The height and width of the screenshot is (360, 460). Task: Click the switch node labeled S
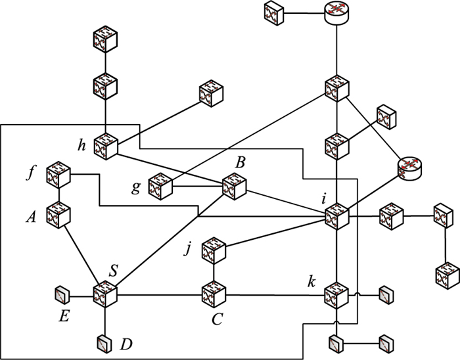104,292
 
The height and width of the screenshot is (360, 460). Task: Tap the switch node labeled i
336,215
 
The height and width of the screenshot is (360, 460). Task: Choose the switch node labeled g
160,187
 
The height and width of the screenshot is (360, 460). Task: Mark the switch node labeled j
213,250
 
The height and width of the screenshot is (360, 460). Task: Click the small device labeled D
104,342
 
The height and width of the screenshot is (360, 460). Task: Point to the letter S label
113,270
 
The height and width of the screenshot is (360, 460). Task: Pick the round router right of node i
411,168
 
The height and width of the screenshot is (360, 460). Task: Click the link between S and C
158,293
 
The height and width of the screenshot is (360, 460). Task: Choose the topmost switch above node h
105,39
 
